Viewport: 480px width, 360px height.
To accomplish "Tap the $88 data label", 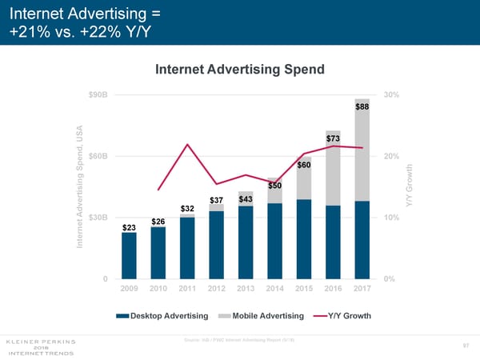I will tap(362, 106).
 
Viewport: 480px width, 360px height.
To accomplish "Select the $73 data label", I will tap(333, 138).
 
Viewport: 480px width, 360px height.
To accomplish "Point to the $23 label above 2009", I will tap(129, 227).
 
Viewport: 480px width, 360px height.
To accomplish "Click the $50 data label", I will tap(274, 186).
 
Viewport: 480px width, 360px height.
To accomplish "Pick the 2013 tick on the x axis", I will tap(245, 288).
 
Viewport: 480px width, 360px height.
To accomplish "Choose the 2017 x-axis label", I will tap(362, 288).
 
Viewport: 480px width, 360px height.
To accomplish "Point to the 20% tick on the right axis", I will tap(393, 156).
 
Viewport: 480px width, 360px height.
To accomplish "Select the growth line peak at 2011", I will tap(187, 145).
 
